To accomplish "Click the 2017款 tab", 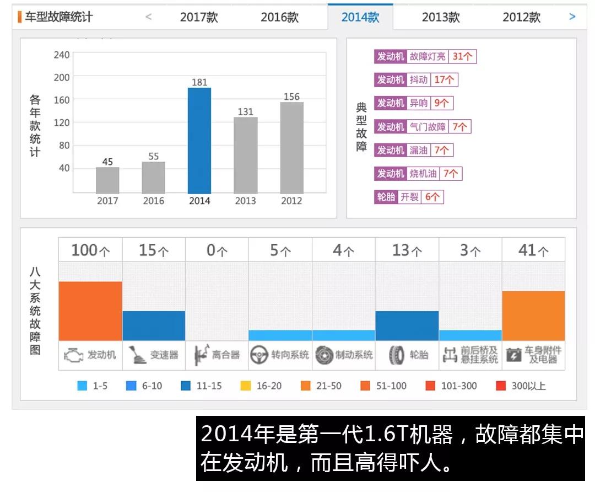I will point(199,17).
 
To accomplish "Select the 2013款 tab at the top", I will point(441,17).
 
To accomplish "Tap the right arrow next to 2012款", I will point(572,17).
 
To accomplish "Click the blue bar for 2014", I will point(199,140).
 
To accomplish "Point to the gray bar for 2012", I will point(291,147).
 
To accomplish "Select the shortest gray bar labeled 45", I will point(107,180).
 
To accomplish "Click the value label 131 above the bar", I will point(245,111).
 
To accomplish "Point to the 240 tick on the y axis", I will point(62,55).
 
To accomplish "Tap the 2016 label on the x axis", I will point(153,201).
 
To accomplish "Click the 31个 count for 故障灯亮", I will point(462,56).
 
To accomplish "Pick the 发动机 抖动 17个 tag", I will point(416,80).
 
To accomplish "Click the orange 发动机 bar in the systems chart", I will point(90,311).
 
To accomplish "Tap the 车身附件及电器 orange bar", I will point(533,315).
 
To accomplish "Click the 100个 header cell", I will point(90,250).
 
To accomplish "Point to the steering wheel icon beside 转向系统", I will point(259,355).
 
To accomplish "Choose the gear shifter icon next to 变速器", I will point(137,355).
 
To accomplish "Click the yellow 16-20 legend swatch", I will point(246,386).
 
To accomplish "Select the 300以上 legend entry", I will point(521,386).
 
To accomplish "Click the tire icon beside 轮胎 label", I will point(397,355).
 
